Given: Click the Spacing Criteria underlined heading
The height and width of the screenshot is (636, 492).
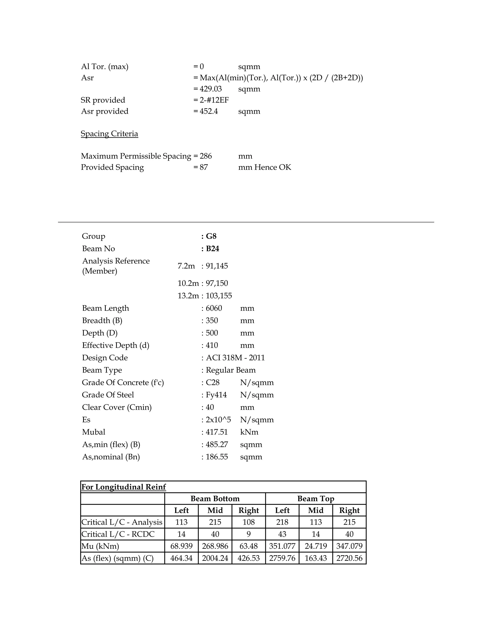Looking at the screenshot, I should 109,134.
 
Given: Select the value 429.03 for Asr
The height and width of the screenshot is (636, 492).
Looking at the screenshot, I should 210,89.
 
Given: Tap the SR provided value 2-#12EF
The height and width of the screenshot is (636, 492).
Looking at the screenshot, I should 214,100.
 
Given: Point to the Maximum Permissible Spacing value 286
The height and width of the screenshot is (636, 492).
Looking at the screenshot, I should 206,156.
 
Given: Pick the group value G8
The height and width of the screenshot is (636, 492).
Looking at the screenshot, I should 211,236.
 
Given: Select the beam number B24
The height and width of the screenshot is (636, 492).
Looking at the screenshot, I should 212,249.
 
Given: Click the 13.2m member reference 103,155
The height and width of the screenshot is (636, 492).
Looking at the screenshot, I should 219,296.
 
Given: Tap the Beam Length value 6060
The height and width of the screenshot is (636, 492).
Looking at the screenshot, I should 214,308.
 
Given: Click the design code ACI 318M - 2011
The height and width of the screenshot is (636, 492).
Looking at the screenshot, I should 235,358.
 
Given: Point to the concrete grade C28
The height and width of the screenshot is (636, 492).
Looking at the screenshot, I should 212,382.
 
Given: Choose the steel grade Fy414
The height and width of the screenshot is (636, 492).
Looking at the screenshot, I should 216,395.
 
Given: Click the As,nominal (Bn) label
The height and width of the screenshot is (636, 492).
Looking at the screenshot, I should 111,457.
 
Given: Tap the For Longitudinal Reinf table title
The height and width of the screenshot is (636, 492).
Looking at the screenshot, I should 123,487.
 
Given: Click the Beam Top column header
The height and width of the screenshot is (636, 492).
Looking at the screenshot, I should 316,498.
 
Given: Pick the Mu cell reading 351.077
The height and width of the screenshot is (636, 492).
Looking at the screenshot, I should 282,546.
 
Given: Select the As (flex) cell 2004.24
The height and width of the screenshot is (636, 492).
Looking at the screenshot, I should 215,558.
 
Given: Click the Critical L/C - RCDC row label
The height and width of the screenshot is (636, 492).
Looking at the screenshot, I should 118,534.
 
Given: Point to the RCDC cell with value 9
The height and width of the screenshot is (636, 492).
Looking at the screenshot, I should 249,534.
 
